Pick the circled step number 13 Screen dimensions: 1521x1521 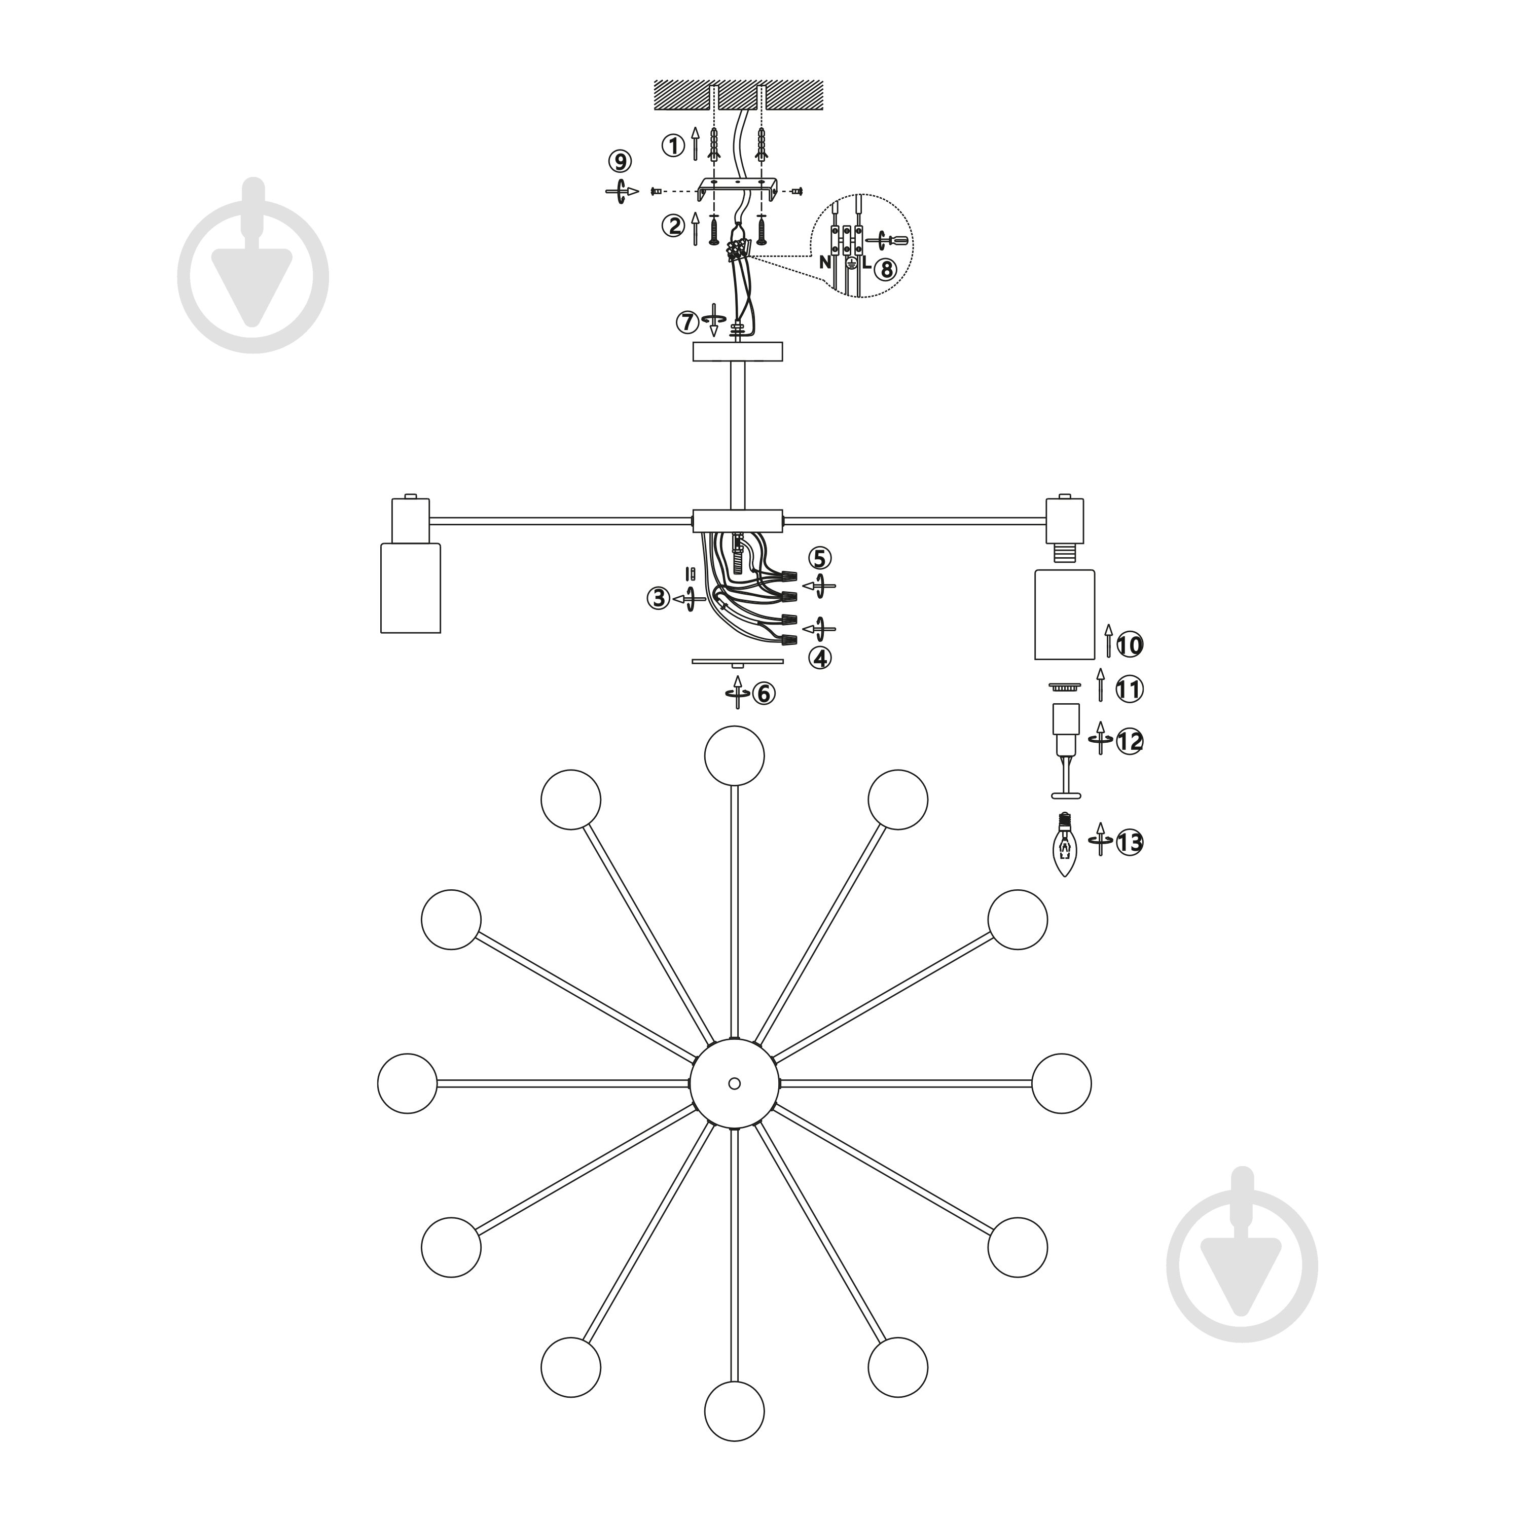[1130, 842]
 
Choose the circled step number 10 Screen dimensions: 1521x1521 [1130, 645]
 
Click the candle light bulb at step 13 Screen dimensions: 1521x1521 [1065, 846]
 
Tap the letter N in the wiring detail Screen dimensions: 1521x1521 [824, 263]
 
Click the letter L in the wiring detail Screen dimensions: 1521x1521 [866, 263]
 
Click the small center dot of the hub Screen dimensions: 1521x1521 [735, 1083]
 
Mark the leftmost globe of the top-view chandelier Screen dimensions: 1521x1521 [407, 1083]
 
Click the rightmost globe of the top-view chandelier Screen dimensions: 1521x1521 [1061, 1083]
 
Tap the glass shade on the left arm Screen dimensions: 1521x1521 [410, 587]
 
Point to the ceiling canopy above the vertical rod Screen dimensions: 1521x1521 [738, 351]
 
